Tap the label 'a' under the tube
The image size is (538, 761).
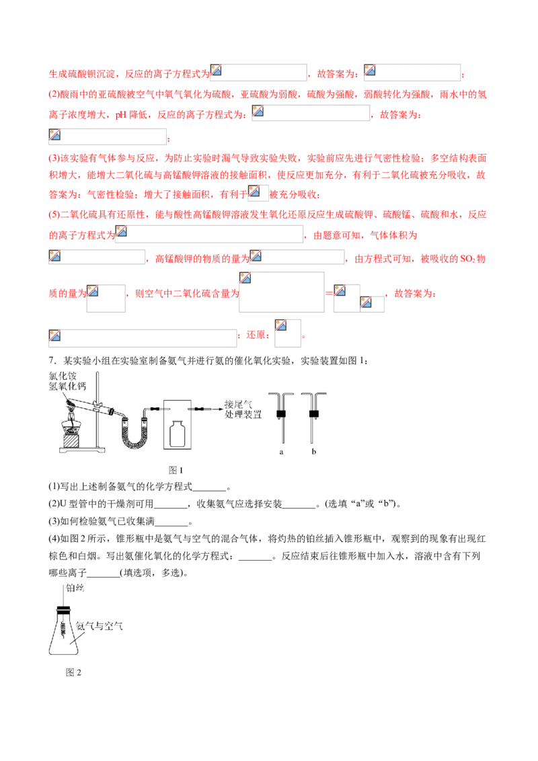pos(281,452)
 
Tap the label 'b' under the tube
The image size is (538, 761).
pos(313,451)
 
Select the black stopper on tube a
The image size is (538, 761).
pos(281,414)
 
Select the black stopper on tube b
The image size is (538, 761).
pos(313,414)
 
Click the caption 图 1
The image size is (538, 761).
pos(176,470)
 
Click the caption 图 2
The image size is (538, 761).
pos(73,672)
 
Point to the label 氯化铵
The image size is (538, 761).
pos(63,376)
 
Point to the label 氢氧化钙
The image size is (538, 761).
pos(67,386)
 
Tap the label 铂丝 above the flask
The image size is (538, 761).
pos(75,588)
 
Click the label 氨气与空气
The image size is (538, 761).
pos(99,626)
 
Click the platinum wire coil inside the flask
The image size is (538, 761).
pos(63,629)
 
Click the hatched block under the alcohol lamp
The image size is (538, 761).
pos(71,441)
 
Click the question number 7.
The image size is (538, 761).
pos(51,360)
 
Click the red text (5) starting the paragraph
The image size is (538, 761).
pos(54,214)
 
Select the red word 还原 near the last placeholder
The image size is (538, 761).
pos(256,335)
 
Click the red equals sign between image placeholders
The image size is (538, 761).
pos(330,293)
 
